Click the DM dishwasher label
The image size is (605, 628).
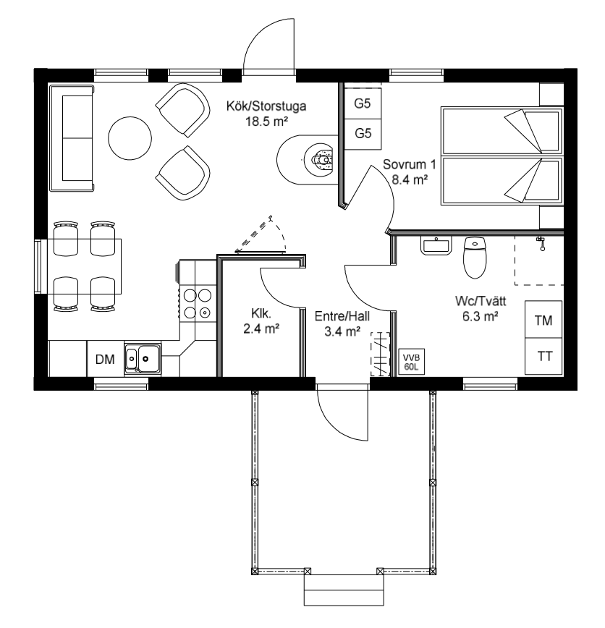point(105,360)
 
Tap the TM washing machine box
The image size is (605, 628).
point(543,320)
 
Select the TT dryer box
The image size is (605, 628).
point(543,356)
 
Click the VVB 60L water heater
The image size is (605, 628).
point(412,362)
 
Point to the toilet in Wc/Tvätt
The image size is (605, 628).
point(475,258)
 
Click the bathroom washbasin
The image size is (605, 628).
point(436,245)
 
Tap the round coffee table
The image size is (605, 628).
point(130,138)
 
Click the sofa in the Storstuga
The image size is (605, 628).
point(72,137)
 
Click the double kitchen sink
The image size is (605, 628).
point(143,358)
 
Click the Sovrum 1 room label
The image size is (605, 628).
point(409,164)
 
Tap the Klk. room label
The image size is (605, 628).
point(261,313)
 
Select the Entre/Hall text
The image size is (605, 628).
point(342,316)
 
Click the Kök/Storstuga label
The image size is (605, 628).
point(266,106)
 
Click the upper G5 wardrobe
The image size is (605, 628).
point(363,103)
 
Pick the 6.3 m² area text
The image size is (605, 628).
point(481,316)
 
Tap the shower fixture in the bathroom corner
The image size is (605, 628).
point(541,242)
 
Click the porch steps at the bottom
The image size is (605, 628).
point(344,590)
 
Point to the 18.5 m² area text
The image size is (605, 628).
point(267,121)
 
